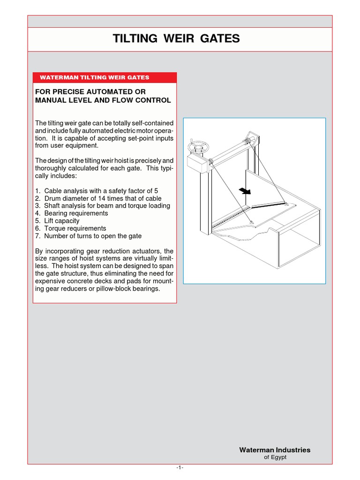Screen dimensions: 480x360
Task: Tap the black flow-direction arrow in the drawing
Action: tap(244, 190)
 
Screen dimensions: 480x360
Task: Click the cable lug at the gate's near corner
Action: tap(252, 222)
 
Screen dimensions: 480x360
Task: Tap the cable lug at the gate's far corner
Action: tap(285, 203)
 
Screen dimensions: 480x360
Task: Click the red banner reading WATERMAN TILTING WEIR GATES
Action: tap(105, 77)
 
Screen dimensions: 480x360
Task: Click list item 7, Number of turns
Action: tap(88, 236)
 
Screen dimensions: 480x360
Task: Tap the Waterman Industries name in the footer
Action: tap(275, 450)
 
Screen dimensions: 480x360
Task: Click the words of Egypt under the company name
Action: tap(276, 457)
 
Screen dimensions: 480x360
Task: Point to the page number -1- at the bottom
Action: tap(180, 467)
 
